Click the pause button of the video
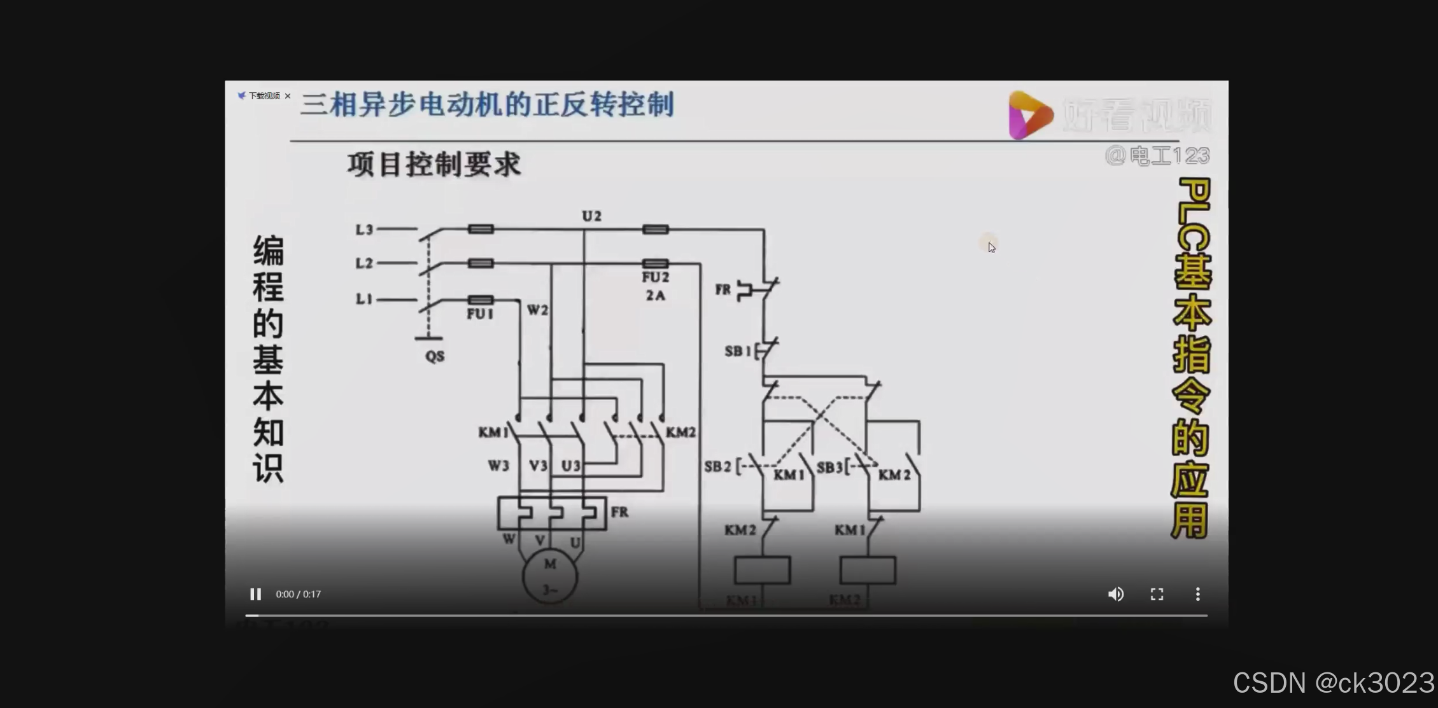point(255,594)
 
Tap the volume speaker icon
point(1115,594)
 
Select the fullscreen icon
point(1157,594)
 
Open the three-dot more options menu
point(1197,594)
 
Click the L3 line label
point(364,230)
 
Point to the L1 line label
point(364,299)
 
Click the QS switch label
point(435,356)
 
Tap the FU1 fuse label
point(480,314)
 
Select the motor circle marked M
point(550,576)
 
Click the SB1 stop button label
point(738,351)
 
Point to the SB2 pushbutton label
point(717,467)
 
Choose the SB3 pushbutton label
point(830,468)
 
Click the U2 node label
point(591,216)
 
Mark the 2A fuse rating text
point(655,295)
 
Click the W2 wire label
point(537,310)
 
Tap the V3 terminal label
point(538,466)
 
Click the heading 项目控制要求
point(434,165)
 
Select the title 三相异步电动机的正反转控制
point(487,105)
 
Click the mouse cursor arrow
point(991,247)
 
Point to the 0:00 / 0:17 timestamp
point(298,594)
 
